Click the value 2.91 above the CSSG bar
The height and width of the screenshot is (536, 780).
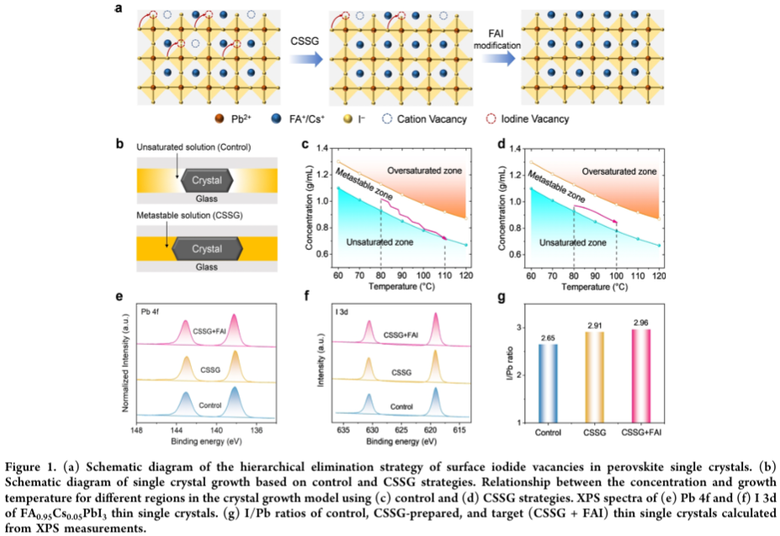click(x=598, y=323)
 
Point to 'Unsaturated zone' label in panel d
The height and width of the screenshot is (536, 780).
click(x=573, y=242)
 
